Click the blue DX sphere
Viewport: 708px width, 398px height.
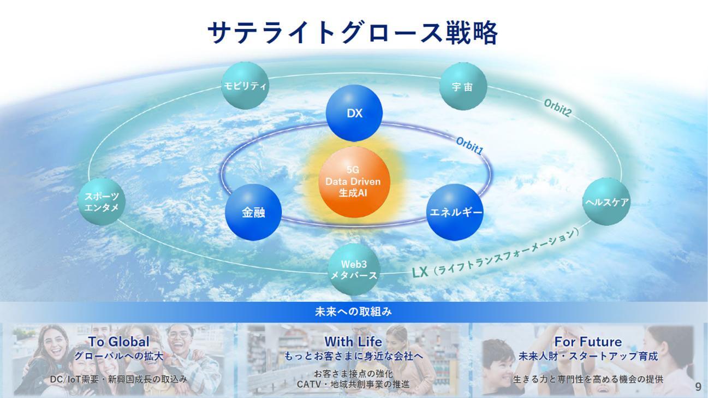pyautogui.click(x=354, y=113)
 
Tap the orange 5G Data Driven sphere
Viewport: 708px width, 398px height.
pyautogui.click(x=354, y=182)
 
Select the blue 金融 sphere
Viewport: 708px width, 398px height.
pyautogui.click(x=253, y=212)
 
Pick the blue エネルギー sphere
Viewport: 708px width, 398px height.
pyautogui.click(x=455, y=212)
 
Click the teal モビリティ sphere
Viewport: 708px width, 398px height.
pyautogui.click(x=245, y=86)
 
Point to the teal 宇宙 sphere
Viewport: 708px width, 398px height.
pyautogui.click(x=463, y=86)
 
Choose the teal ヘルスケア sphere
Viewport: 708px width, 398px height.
pyautogui.click(x=606, y=201)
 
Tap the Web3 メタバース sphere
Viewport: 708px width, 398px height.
pyautogui.click(x=354, y=270)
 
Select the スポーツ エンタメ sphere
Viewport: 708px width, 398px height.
pyautogui.click(x=102, y=201)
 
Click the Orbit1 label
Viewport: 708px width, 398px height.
pyautogui.click(x=469, y=146)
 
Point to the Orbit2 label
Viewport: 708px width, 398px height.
pyautogui.click(x=557, y=108)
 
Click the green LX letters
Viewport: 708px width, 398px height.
pyautogui.click(x=420, y=272)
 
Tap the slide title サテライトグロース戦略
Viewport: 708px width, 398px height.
pyautogui.click(x=353, y=33)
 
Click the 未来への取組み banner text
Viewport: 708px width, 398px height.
pyautogui.click(x=353, y=312)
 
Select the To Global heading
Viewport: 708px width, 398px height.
pyautogui.click(x=119, y=341)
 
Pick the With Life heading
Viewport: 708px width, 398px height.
pyautogui.click(x=353, y=341)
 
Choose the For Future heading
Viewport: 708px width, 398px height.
pyautogui.click(x=588, y=341)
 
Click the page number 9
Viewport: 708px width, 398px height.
pyautogui.click(x=698, y=387)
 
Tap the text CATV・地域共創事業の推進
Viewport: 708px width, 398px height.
pyautogui.click(x=353, y=384)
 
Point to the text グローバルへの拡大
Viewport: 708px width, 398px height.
pyautogui.click(x=119, y=357)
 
